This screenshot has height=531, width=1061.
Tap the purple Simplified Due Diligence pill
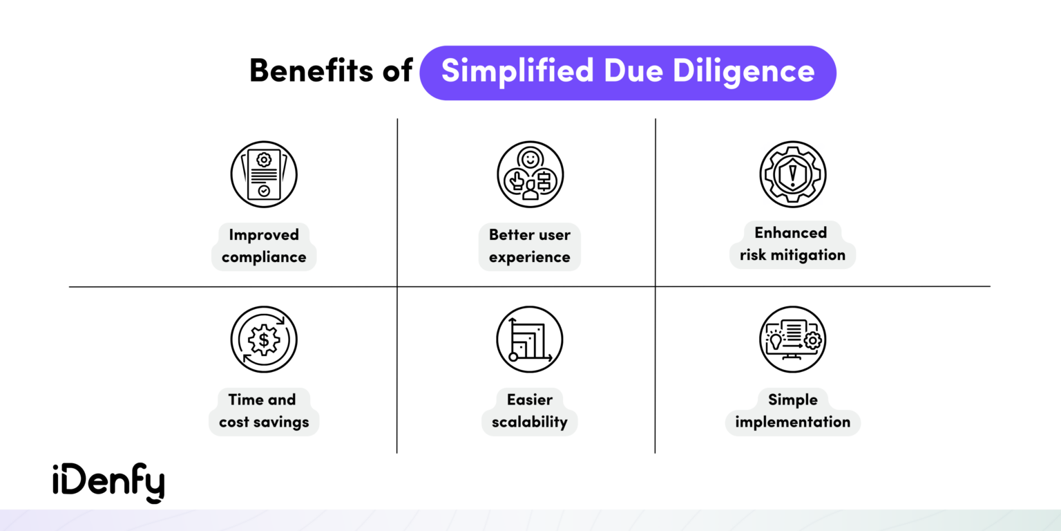pyautogui.click(x=627, y=73)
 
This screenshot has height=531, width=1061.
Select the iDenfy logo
pyautogui.click(x=108, y=482)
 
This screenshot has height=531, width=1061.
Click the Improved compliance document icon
pyautogui.click(x=264, y=174)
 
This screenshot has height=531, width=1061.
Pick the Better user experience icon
pyautogui.click(x=530, y=174)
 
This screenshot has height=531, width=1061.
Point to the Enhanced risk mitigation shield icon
pyautogui.click(x=792, y=174)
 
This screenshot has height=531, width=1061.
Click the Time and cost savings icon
pyautogui.click(x=264, y=339)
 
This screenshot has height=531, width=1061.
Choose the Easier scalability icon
pyautogui.click(x=530, y=339)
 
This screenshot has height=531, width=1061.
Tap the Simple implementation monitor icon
pyautogui.click(x=792, y=339)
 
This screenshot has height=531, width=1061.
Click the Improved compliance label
pyautogui.click(x=264, y=246)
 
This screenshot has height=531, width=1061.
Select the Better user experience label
pyautogui.click(x=530, y=246)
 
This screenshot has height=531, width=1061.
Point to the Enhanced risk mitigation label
pyautogui.click(x=792, y=244)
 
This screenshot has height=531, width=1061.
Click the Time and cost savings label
pyautogui.click(x=264, y=411)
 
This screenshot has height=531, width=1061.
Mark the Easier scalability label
pyautogui.click(x=530, y=411)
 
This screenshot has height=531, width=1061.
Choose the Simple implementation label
pyautogui.click(x=792, y=411)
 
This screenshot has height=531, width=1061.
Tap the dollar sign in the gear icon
pyautogui.click(x=264, y=339)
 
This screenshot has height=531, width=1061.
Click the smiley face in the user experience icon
pyautogui.click(x=530, y=159)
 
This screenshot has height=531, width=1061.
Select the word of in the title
pyautogui.click(x=397, y=72)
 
